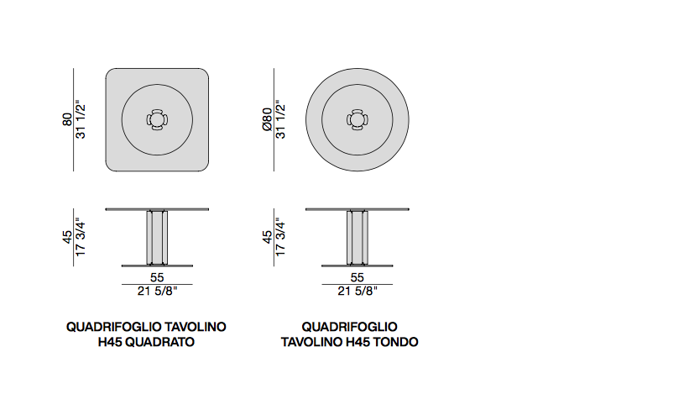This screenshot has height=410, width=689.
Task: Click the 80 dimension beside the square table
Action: tap(67, 119)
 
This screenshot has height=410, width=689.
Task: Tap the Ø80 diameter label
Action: tap(267, 119)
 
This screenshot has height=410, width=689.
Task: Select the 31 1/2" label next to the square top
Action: tap(81, 119)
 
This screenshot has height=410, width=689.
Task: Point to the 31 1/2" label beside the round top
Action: tap(280, 119)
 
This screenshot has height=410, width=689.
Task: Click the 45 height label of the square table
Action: tap(67, 237)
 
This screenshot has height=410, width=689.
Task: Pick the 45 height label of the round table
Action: tap(267, 237)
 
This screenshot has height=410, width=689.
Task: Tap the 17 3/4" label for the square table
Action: tap(81, 237)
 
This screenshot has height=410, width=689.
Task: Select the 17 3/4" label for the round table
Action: tap(280, 237)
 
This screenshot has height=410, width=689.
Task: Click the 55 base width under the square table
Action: tap(157, 277)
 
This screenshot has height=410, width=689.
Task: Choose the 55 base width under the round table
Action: tap(358, 277)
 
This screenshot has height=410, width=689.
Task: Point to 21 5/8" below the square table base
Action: tap(157, 292)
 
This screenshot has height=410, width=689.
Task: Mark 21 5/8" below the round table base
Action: tap(358, 292)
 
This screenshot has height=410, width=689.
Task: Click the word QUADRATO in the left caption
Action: tap(160, 342)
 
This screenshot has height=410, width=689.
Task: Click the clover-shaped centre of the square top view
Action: tap(157, 119)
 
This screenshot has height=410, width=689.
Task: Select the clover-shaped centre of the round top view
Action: tap(358, 119)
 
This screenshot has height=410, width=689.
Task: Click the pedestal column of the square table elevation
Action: tap(157, 238)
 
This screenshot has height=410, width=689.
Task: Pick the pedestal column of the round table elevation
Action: tap(358, 238)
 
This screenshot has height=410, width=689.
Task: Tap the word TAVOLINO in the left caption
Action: tap(195, 327)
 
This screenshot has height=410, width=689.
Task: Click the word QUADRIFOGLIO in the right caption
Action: tap(349, 327)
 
